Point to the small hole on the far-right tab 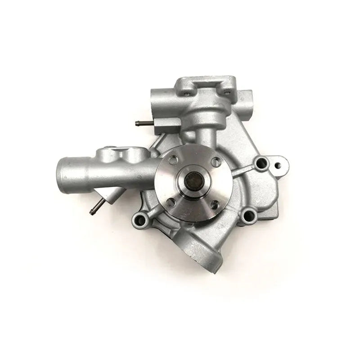click(x=279, y=161)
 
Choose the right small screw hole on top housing click(x=227, y=93)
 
